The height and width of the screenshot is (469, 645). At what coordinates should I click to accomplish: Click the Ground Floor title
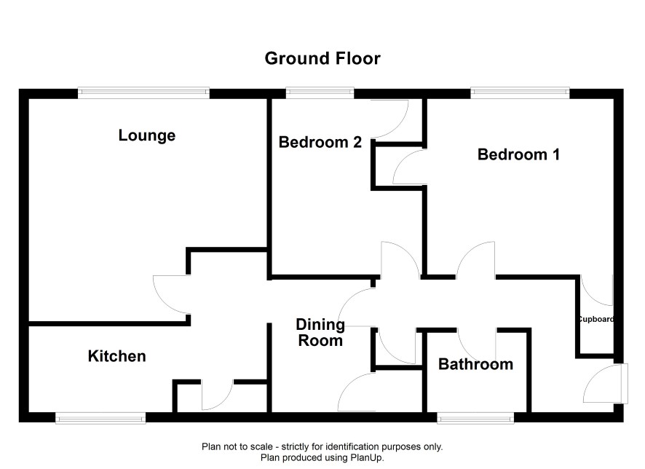tap(322, 58)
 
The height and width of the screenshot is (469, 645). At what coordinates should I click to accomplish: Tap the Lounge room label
tap(147, 135)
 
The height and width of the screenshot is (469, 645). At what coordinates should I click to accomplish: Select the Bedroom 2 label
tap(320, 142)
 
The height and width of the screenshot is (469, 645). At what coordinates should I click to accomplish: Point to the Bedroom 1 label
tap(518, 154)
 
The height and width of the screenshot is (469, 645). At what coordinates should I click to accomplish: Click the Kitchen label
tap(116, 356)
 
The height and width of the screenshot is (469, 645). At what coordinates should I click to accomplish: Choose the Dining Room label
tap(320, 332)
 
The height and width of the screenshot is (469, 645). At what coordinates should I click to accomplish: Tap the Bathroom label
tap(475, 365)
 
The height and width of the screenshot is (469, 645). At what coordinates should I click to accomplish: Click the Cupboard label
tap(596, 319)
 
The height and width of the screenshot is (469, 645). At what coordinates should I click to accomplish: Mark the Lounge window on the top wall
tap(143, 93)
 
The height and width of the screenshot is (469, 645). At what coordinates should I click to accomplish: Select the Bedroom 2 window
tap(320, 93)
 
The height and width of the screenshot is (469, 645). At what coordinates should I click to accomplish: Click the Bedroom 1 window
tap(520, 93)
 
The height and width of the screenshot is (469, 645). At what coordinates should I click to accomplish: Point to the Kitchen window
tap(100, 418)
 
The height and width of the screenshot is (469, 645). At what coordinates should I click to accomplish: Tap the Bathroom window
tap(475, 418)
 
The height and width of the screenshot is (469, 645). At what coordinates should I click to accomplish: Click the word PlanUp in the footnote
tap(366, 457)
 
